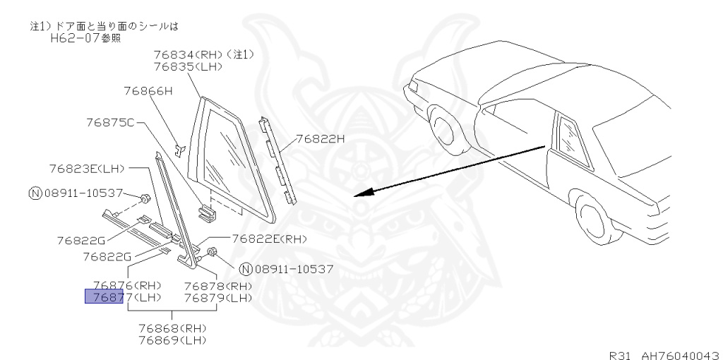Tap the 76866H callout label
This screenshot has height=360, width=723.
click(x=148, y=90)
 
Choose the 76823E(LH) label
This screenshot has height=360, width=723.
click(x=87, y=169)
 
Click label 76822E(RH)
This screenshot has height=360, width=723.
click(x=270, y=239)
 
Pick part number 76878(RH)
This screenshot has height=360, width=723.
click(x=217, y=285)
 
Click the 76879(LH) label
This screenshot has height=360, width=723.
click(x=217, y=297)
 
